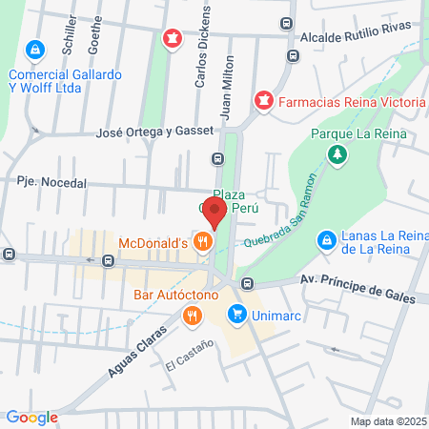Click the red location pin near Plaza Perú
click(x=215, y=213)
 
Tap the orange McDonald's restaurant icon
click(x=201, y=243)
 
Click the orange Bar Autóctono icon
click(x=193, y=315)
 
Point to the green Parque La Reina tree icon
click(x=336, y=153)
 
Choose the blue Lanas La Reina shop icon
click(x=327, y=240)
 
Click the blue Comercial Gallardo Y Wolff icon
click(x=34, y=48)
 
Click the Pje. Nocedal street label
click(x=51, y=182)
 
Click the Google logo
click(x=31, y=417)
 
